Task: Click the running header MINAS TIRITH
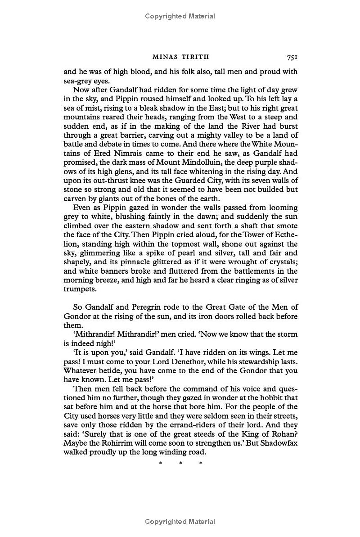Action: coord(180,57)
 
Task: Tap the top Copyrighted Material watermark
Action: coord(180,16)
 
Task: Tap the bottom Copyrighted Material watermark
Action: coord(180,522)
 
